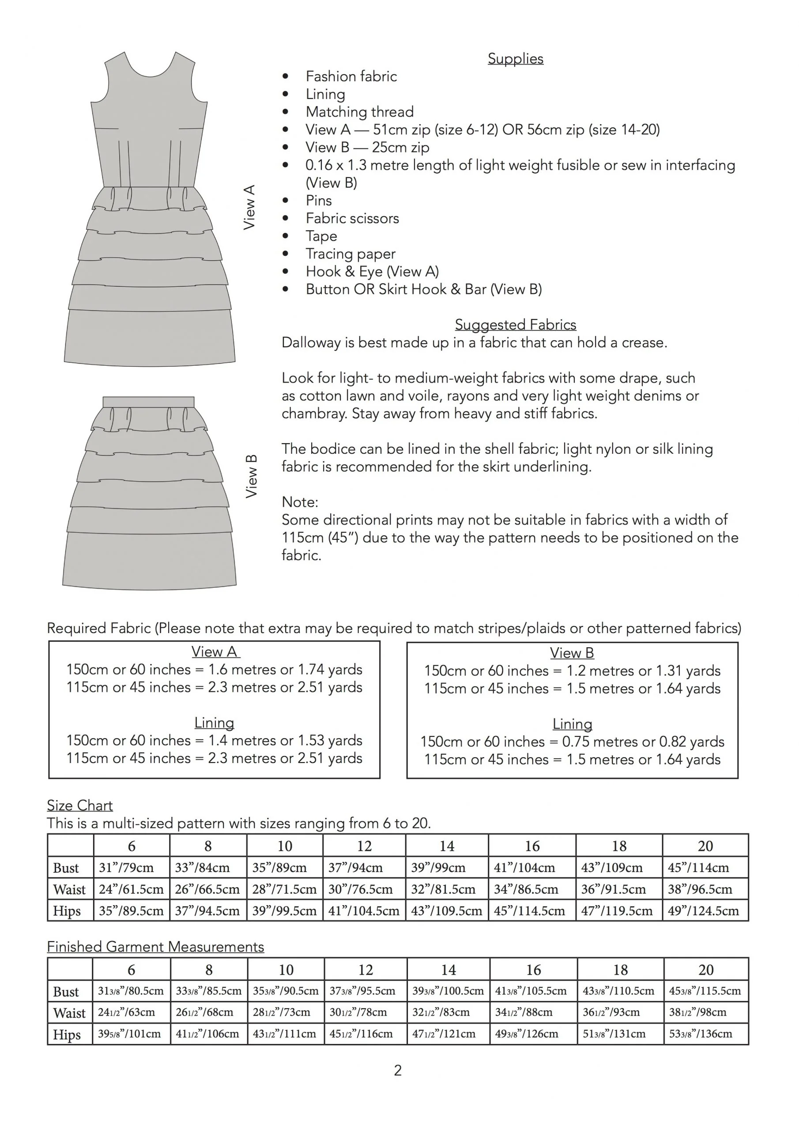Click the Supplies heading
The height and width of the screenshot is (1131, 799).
(515, 59)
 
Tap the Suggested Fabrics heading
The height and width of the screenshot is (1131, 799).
(515, 325)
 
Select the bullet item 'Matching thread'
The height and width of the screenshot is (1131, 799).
(359, 112)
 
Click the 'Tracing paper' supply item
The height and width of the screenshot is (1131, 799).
(350, 254)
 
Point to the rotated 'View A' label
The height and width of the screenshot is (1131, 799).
(249, 207)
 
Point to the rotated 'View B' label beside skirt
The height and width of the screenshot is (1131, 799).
(251, 476)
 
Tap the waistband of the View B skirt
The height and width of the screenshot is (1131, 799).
(148, 402)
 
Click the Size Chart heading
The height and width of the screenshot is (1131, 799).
(80, 805)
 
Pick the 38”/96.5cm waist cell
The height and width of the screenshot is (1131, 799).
(705, 889)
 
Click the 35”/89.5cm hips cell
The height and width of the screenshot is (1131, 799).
(131, 911)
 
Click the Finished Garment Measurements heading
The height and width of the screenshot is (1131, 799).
(155, 947)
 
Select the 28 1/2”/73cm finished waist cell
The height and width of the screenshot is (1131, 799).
(286, 1012)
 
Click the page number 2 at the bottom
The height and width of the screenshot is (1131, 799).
(398, 1070)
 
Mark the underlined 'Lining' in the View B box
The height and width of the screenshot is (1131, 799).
(572, 724)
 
